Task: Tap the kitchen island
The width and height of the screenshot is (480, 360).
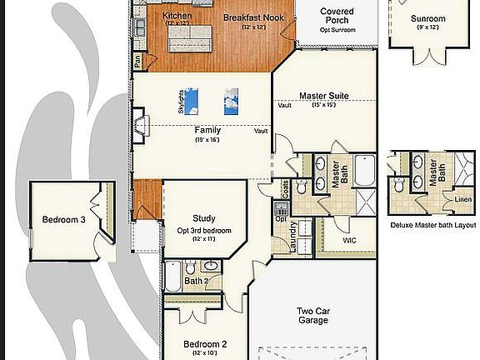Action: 190,32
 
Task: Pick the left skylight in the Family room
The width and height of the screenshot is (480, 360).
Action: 192,99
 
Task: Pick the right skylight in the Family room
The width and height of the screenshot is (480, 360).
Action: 232,101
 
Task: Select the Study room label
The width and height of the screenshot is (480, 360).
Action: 204,219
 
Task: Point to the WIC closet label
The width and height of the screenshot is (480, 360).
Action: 349,240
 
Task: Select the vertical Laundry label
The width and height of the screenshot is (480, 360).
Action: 293,237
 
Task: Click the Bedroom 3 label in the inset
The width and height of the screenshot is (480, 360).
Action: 64,220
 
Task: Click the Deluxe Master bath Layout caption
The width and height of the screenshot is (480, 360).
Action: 432,225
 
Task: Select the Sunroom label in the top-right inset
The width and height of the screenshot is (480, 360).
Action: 428,18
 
